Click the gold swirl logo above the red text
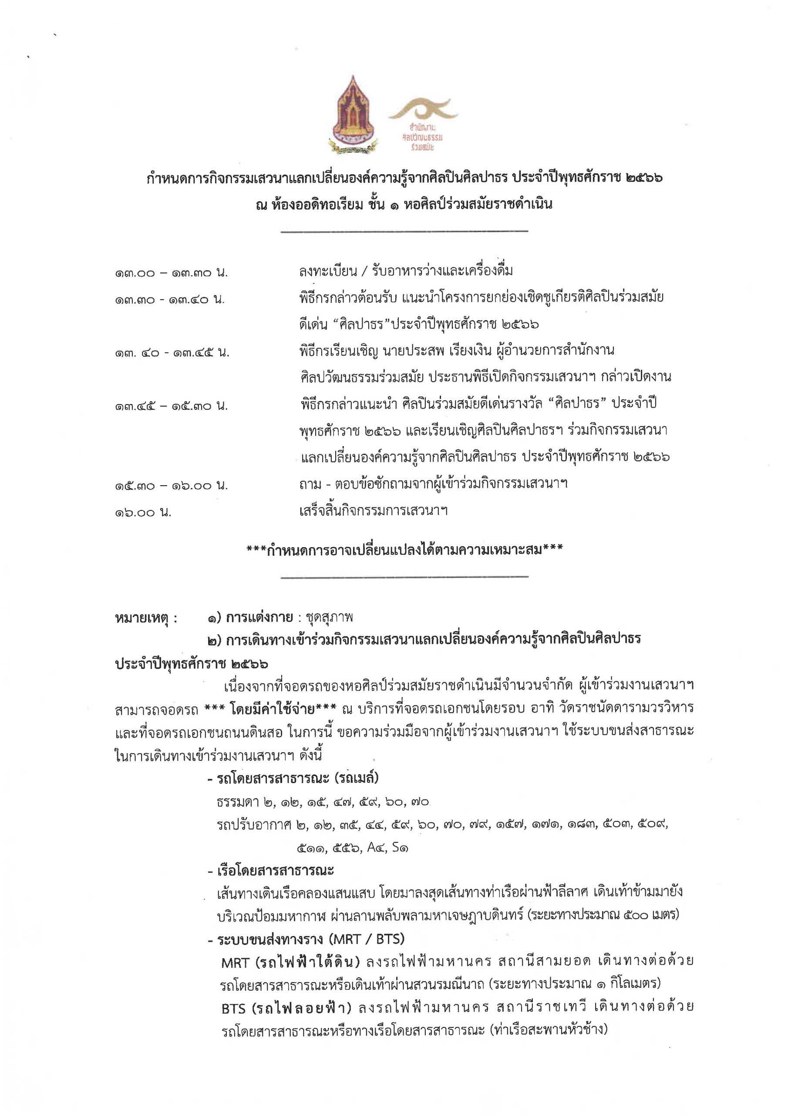point(423,110)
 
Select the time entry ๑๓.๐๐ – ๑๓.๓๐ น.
point(172,273)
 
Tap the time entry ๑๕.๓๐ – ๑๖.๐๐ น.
point(172,485)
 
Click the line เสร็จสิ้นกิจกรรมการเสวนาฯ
point(373,510)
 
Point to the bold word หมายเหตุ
point(146,618)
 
